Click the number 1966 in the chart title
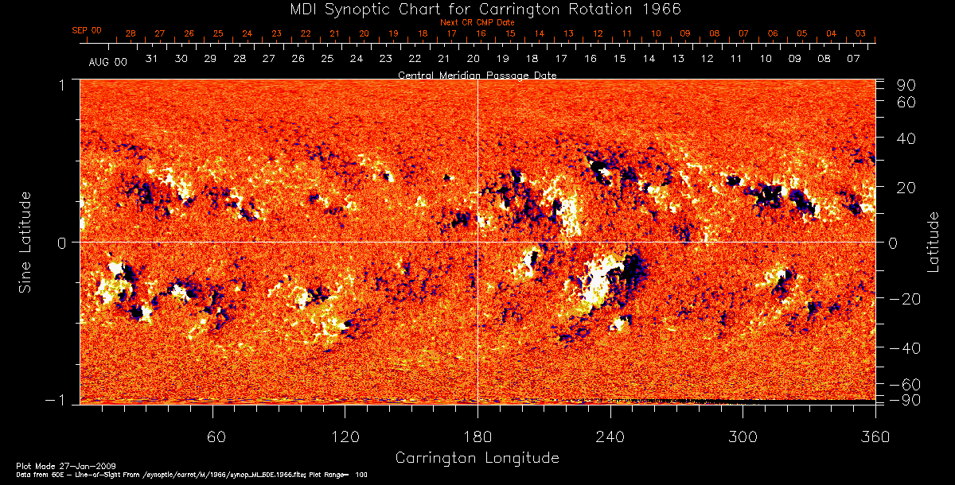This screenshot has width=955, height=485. [661, 9]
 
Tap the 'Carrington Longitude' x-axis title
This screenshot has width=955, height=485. [477, 458]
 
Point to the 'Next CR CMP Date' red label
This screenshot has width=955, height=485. [477, 22]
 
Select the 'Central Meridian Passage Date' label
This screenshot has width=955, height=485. [477, 75]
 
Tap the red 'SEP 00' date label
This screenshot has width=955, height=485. [87, 30]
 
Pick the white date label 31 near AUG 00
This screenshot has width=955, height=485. [152, 59]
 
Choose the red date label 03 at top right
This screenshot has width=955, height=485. [860, 33]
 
